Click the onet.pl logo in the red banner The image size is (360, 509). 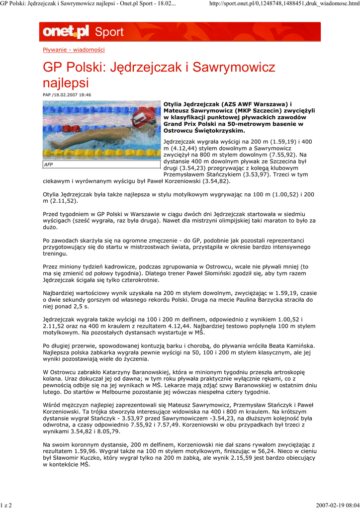tap(66, 32)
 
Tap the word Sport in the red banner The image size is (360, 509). tap(109, 33)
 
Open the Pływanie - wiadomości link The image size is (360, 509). tap(74, 50)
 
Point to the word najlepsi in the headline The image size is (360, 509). tap(66, 83)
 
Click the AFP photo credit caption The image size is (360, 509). tap(49, 164)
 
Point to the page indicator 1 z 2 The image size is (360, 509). tap(6, 505)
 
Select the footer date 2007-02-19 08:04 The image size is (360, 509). tap(337, 505)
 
